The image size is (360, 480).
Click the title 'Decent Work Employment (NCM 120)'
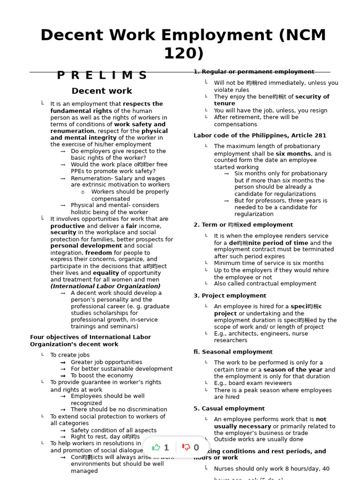[x=183, y=44]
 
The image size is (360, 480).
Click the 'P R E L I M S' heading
[x=102, y=75]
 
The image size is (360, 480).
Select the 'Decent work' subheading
[x=102, y=91]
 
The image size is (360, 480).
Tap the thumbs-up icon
[x=157, y=447]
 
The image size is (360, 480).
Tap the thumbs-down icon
[x=186, y=447]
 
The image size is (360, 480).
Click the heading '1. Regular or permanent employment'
[x=254, y=72]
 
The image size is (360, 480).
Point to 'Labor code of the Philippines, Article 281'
[x=260, y=135]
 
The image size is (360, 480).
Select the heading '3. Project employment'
[x=230, y=296]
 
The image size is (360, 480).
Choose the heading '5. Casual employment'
[x=229, y=409]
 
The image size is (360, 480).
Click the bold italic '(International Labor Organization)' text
[x=105, y=286]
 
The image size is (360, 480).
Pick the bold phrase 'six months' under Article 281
[x=293, y=154]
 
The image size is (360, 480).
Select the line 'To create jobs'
[x=70, y=355]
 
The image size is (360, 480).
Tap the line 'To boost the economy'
[x=102, y=375]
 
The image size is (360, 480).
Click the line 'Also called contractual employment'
[x=265, y=284]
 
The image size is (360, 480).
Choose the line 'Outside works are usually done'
[x=258, y=440]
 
